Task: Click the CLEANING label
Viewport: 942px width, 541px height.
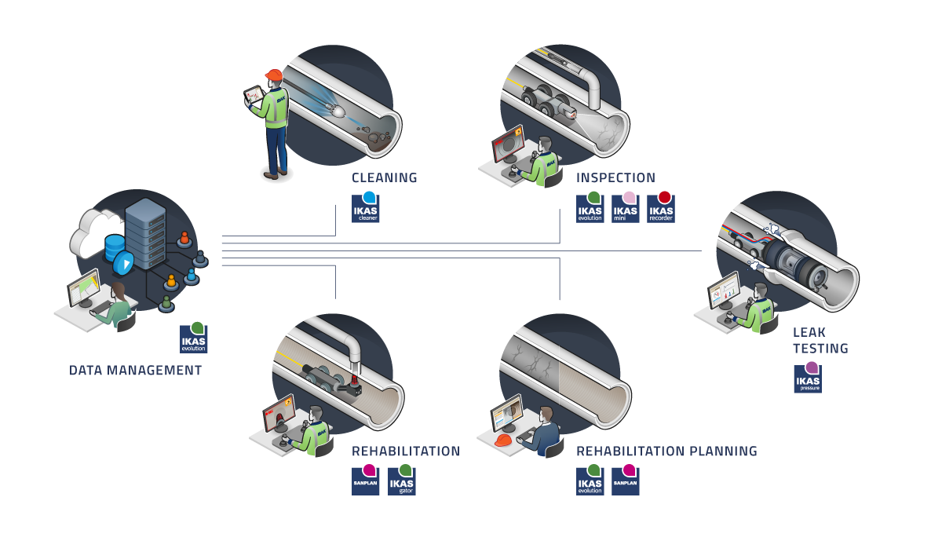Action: coord(384,177)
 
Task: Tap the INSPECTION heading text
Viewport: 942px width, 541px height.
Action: coord(615,177)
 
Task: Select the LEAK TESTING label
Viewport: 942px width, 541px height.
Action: coord(820,340)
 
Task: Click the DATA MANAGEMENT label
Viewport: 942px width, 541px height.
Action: coord(135,370)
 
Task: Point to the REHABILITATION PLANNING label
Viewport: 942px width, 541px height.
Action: coord(666,451)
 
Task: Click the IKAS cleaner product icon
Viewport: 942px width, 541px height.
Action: coord(366,208)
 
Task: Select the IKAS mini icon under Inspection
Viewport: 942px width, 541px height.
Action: coord(626,208)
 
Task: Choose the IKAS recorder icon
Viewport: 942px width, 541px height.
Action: coord(662,208)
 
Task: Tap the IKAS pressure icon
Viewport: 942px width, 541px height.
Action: coord(808,378)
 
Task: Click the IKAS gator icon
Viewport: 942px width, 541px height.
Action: coord(401,481)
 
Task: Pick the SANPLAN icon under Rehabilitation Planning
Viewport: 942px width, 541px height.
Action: coord(626,481)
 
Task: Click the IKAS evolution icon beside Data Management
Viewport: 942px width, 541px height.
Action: coord(194,338)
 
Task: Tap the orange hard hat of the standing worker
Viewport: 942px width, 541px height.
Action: coord(273,75)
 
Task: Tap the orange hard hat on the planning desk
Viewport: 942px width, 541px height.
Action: coord(503,440)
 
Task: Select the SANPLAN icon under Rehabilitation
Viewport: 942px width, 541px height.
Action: coord(365,481)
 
